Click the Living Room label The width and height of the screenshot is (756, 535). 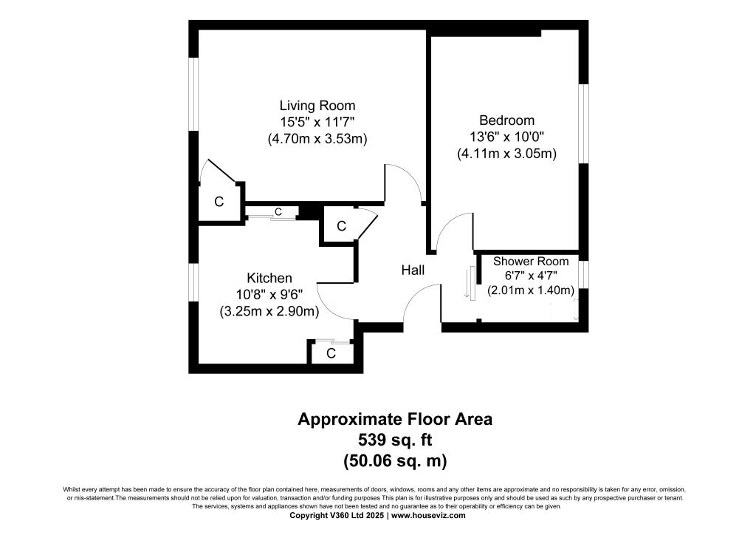[x=317, y=106]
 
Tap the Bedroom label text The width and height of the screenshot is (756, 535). [x=506, y=120]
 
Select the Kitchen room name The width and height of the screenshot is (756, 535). [x=269, y=278]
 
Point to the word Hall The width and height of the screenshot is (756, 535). [x=413, y=270]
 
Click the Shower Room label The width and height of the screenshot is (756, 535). [x=531, y=261]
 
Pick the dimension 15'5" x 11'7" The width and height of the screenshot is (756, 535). [x=317, y=122]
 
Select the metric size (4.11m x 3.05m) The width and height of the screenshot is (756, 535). [x=506, y=154]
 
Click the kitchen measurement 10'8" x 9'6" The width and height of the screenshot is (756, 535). [x=269, y=295]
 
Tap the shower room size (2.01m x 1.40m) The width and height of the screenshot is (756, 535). [x=531, y=290]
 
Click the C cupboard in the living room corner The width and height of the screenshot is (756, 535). [x=219, y=201]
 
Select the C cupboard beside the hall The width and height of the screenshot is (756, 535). [x=341, y=227]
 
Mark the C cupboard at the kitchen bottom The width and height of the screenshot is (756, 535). [x=331, y=354]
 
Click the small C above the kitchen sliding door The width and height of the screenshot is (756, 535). [x=278, y=212]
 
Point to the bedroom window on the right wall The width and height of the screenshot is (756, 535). [x=583, y=123]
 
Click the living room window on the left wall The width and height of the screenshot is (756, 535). [x=193, y=94]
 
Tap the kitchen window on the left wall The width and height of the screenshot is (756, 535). [x=193, y=282]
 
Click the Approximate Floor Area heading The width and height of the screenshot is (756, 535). [x=394, y=420]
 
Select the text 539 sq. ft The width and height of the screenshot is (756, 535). [x=394, y=440]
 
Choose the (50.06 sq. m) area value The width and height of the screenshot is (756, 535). [x=394, y=461]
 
